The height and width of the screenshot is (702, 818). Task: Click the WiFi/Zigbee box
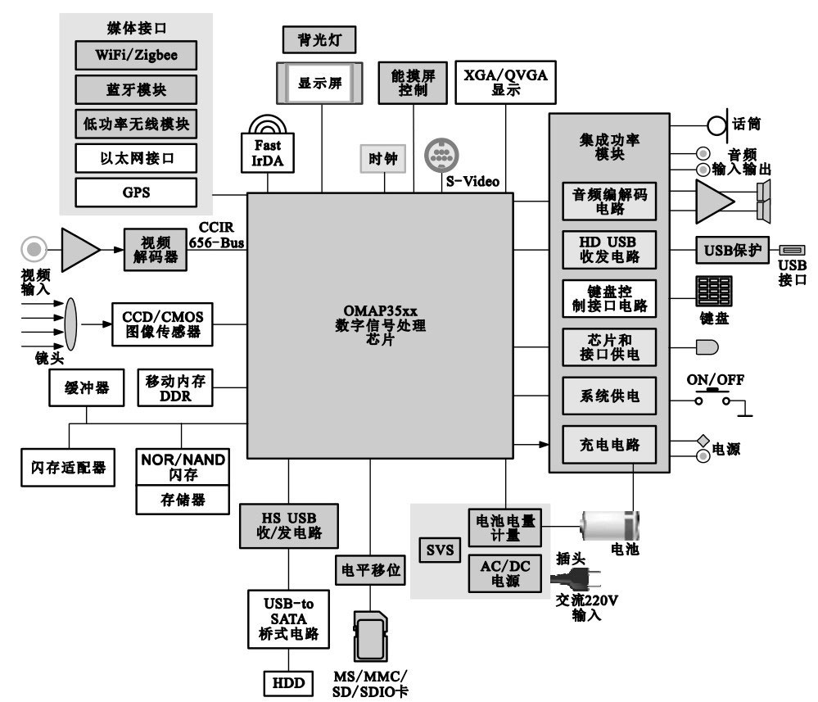click(136, 57)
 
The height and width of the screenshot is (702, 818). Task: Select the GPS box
click(136, 192)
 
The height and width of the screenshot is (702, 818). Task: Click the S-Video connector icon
click(442, 155)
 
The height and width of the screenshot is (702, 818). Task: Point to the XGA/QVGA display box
click(506, 81)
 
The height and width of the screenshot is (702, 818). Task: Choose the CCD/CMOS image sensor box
click(161, 324)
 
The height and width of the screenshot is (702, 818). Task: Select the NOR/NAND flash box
click(182, 468)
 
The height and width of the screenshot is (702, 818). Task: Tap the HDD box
click(288, 682)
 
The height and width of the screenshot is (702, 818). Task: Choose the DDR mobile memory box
click(176, 387)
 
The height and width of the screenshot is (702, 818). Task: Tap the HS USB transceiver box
click(288, 525)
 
